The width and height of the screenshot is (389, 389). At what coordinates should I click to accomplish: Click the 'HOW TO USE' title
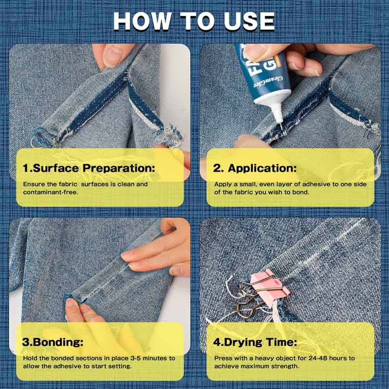194,21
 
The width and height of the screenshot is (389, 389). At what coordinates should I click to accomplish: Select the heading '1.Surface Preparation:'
89,168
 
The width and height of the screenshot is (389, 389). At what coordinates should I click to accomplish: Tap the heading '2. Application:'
255,168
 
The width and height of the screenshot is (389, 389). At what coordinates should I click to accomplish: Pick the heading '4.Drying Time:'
255,342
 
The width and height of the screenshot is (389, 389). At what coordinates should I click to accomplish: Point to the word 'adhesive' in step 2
302,184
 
